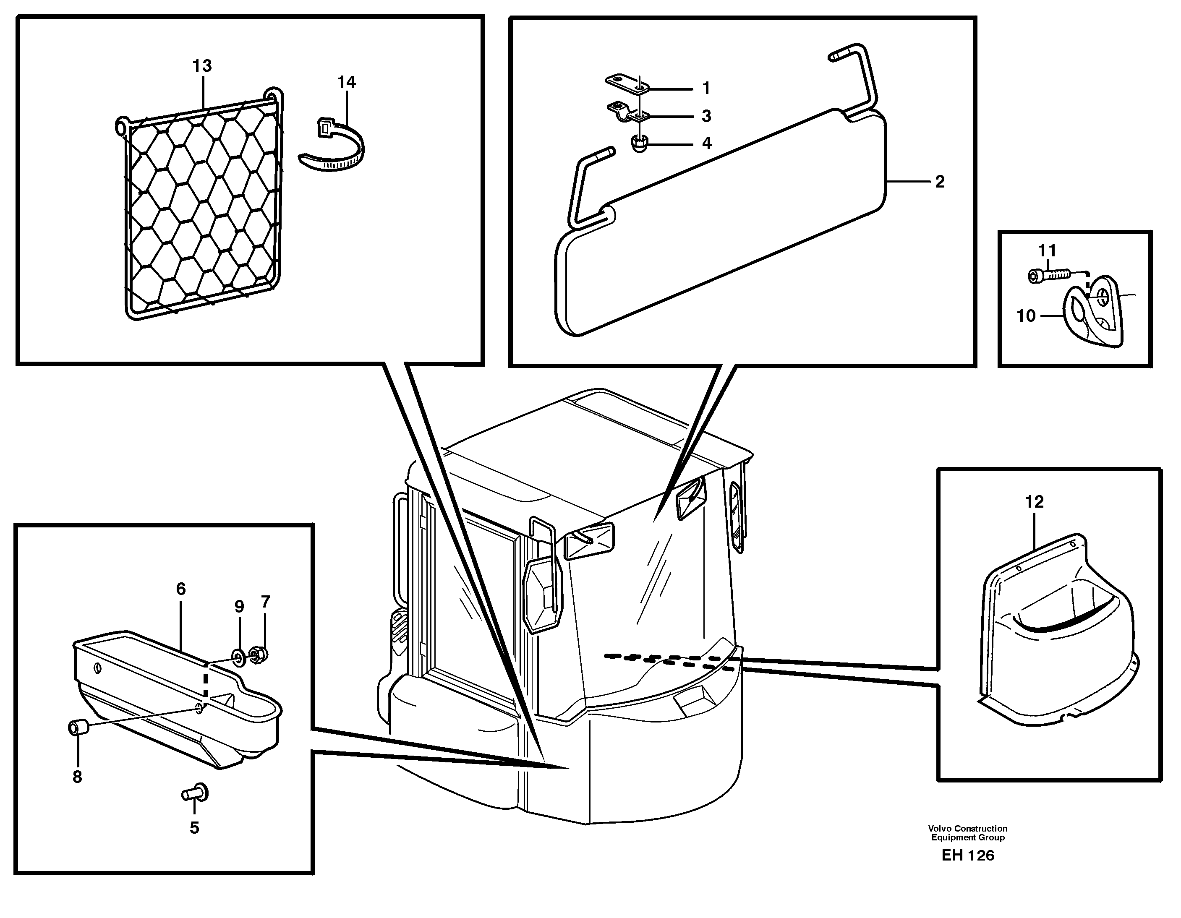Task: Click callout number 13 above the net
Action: point(202,66)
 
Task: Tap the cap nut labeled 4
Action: point(639,144)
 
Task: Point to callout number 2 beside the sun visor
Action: point(940,182)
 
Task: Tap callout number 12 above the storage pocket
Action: point(1034,502)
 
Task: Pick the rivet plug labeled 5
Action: point(196,793)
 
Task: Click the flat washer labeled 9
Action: point(238,656)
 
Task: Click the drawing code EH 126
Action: point(967,855)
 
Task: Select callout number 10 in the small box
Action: point(1026,316)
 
